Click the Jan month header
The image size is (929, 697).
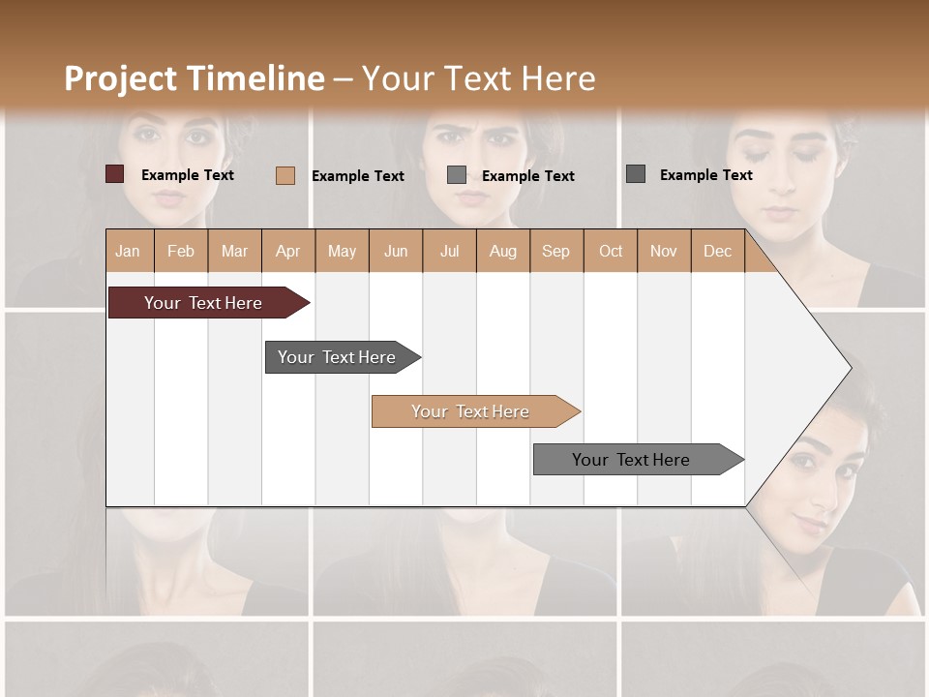[x=129, y=251]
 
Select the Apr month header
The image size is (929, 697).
[x=288, y=251]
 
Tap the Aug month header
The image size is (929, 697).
[x=503, y=251]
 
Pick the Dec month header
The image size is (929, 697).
[x=717, y=251]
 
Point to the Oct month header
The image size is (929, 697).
[x=611, y=251]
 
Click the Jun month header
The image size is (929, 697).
[x=396, y=251]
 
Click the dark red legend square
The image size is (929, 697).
[x=115, y=174]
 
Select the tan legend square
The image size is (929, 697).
[x=285, y=175]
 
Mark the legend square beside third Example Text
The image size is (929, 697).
[x=457, y=175]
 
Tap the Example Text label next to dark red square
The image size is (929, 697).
[x=188, y=175]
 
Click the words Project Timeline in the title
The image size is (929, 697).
[x=195, y=78]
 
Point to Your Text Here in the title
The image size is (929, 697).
[x=479, y=78]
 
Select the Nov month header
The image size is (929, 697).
[x=664, y=251]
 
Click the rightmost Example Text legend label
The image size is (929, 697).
[x=705, y=175]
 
